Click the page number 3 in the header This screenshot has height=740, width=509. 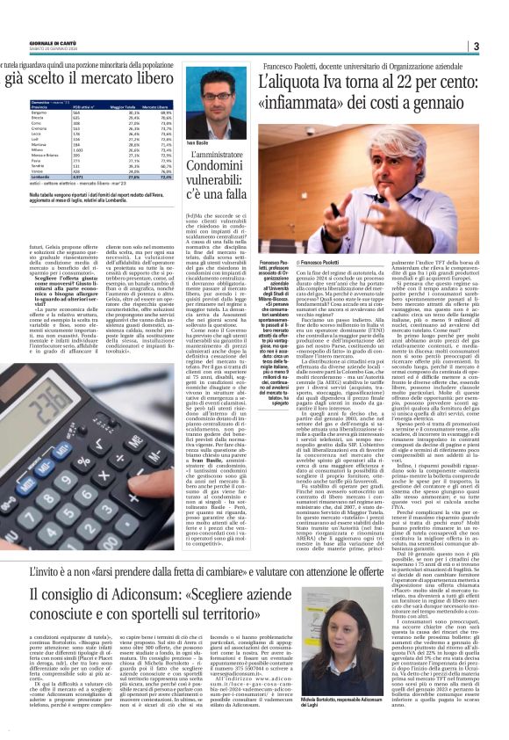tap(498, 46)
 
